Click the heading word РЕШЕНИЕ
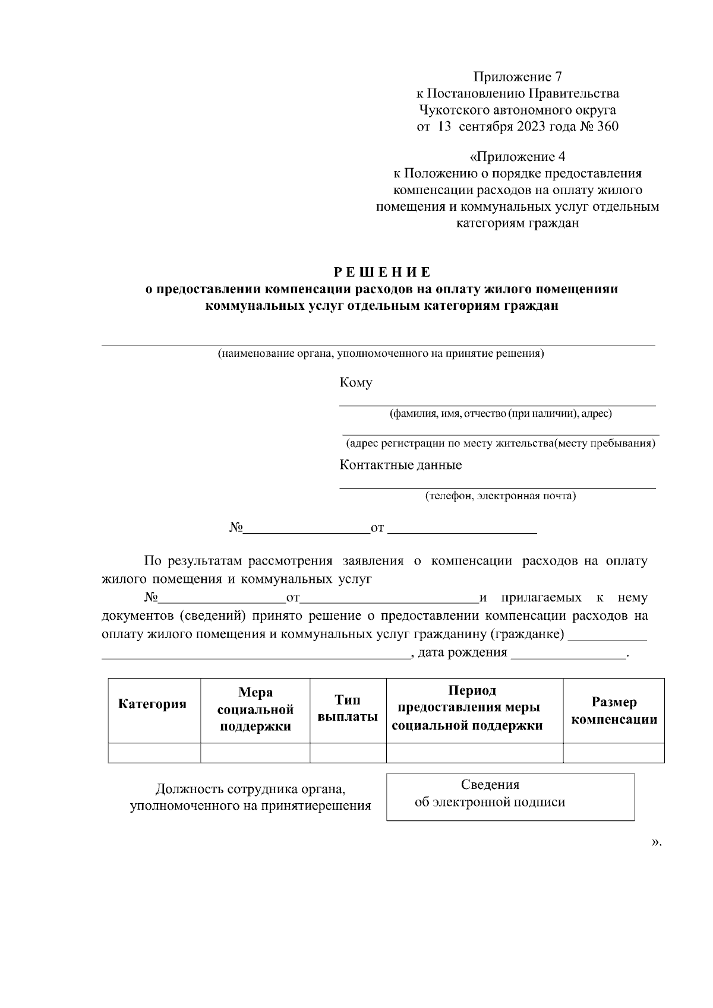click(x=381, y=272)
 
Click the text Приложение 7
click(x=517, y=77)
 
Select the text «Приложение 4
click(x=517, y=157)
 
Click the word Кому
click(x=356, y=383)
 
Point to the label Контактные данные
click(x=400, y=465)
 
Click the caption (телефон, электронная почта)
click(x=500, y=496)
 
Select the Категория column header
click(x=153, y=705)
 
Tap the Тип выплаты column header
click(x=348, y=708)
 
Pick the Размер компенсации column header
click(x=614, y=711)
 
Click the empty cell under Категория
click(x=154, y=753)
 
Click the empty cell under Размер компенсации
click(x=614, y=753)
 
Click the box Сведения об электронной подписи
click(x=510, y=796)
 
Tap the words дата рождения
click(x=463, y=653)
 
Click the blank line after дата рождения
click(x=568, y=654)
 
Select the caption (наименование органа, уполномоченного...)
click(x=381, y=354)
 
